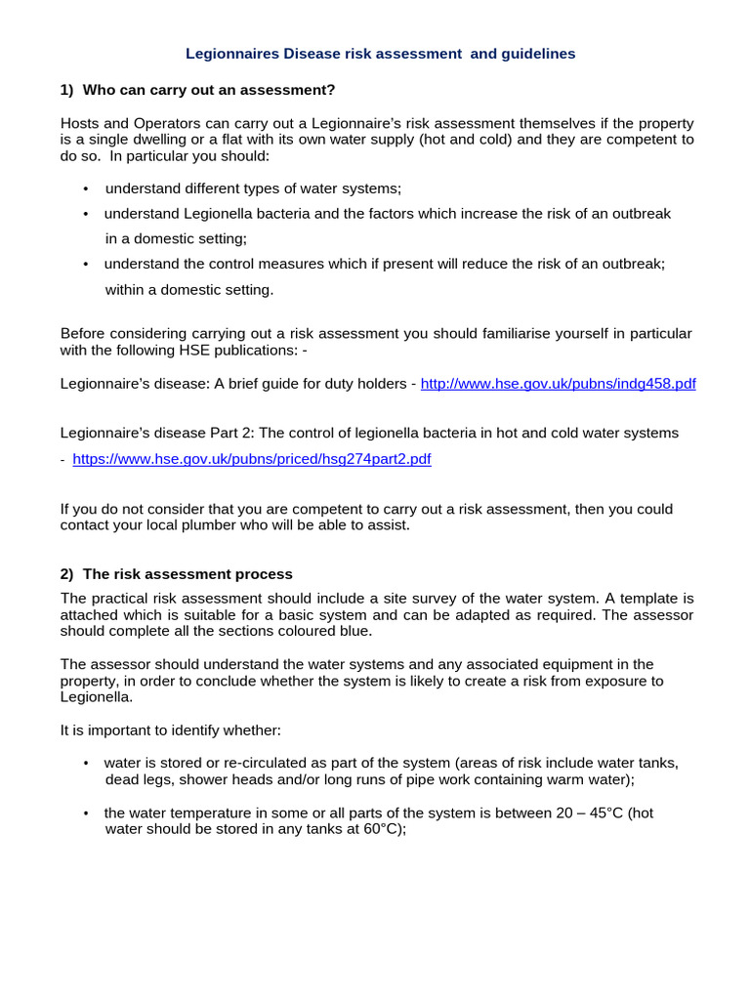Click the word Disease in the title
[293, 54]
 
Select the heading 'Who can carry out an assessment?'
[209, 90]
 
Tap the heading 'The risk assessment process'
[187, 574]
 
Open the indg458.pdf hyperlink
[558, 384]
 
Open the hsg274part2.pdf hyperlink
[251, 459]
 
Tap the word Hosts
[81, 123]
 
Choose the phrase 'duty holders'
[363, 384]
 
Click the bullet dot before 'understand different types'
[86, 188]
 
